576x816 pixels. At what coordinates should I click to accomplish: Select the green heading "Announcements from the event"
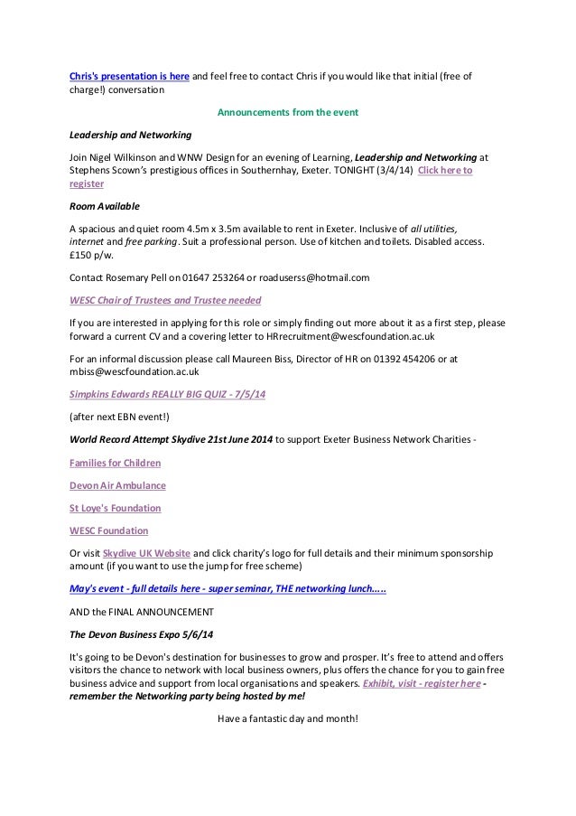(x=288, y=113)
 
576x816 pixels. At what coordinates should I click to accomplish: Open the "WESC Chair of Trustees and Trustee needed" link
(x=172, y=299)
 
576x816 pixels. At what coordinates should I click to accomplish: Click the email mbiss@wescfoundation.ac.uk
(x=135, y=370)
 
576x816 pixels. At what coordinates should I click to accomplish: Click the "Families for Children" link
(x=115, y=463)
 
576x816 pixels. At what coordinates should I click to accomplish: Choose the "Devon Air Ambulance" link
(x=117, y=485)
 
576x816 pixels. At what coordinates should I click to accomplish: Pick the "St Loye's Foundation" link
(x=115, y=508)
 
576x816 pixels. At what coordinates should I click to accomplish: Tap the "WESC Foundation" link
(x=108, y=530)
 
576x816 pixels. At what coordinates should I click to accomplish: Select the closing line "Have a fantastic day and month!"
(x=288, y=718)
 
